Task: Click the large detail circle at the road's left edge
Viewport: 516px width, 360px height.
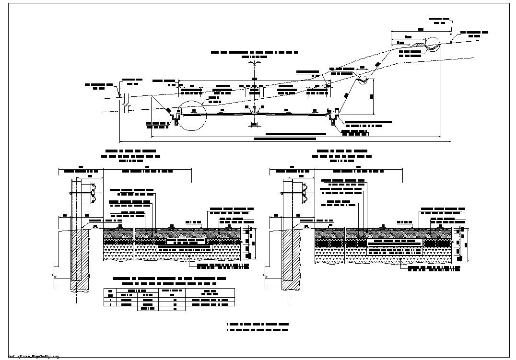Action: click(191, 115)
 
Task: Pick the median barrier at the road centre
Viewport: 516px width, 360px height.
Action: click(254, 110)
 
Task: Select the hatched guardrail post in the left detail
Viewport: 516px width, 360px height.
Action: click(81, 259)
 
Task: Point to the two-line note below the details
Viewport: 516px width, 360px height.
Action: click(257, 327)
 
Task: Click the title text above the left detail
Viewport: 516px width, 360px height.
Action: click(131, 156)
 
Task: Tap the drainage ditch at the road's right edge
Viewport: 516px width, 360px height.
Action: click(333, 115)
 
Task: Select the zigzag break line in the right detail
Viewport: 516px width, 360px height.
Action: click(265, 277)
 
